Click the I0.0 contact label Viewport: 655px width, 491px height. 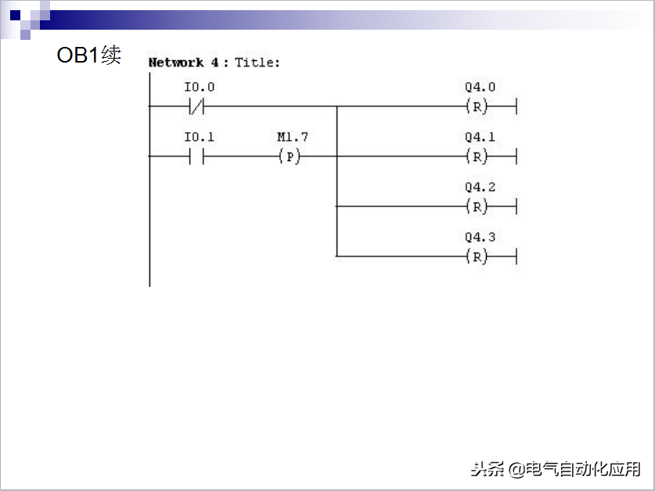[199, 88]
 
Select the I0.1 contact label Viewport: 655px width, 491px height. [199, 138]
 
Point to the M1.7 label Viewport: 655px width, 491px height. [293, 138]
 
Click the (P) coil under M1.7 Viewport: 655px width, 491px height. [290, 156]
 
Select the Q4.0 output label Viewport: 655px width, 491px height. [480, 88]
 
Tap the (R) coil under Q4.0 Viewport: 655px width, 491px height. [477, 106]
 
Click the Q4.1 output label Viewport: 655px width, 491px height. [480, 138]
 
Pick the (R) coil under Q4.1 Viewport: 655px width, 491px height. [477, 156]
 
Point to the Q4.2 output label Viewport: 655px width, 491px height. [480, 188]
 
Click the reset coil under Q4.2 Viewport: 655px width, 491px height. [477, 206]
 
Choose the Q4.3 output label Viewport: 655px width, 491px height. [480, 238]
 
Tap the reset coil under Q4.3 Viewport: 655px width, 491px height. [477, 256]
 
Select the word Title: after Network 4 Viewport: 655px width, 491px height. [257, 63]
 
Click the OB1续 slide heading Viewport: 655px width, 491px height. [88, 56]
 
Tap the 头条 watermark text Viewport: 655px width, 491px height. [488, 469]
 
